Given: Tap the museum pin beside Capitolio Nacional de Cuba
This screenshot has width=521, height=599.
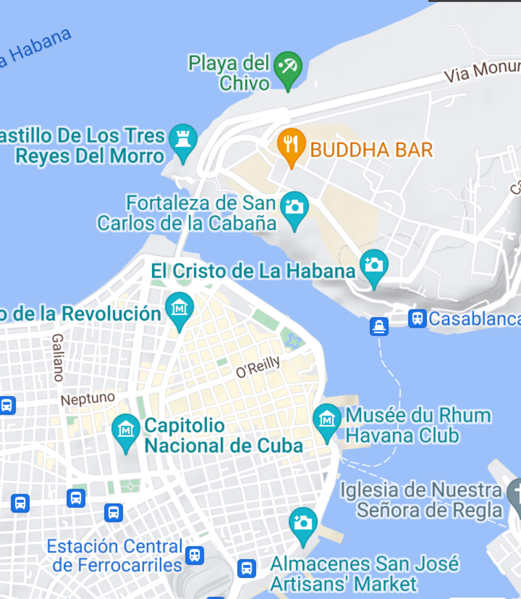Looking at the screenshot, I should point(126,430).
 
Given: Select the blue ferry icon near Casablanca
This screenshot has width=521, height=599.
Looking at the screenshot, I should point(379,327).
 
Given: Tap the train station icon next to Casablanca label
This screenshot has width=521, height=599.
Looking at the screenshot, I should point(417,319).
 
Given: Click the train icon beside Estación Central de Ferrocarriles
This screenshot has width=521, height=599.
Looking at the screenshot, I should point(195,555).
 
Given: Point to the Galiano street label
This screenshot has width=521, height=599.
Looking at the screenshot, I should point(58,357).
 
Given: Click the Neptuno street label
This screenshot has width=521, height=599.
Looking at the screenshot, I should point(88,399).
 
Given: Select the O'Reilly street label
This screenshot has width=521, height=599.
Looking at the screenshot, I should point(258,367).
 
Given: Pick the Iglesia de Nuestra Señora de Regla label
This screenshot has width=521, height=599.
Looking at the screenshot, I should point(422,500).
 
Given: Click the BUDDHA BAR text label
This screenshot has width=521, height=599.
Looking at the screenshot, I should point(371,150).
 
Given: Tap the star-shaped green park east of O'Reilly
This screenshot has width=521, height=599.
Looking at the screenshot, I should point(292,341).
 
